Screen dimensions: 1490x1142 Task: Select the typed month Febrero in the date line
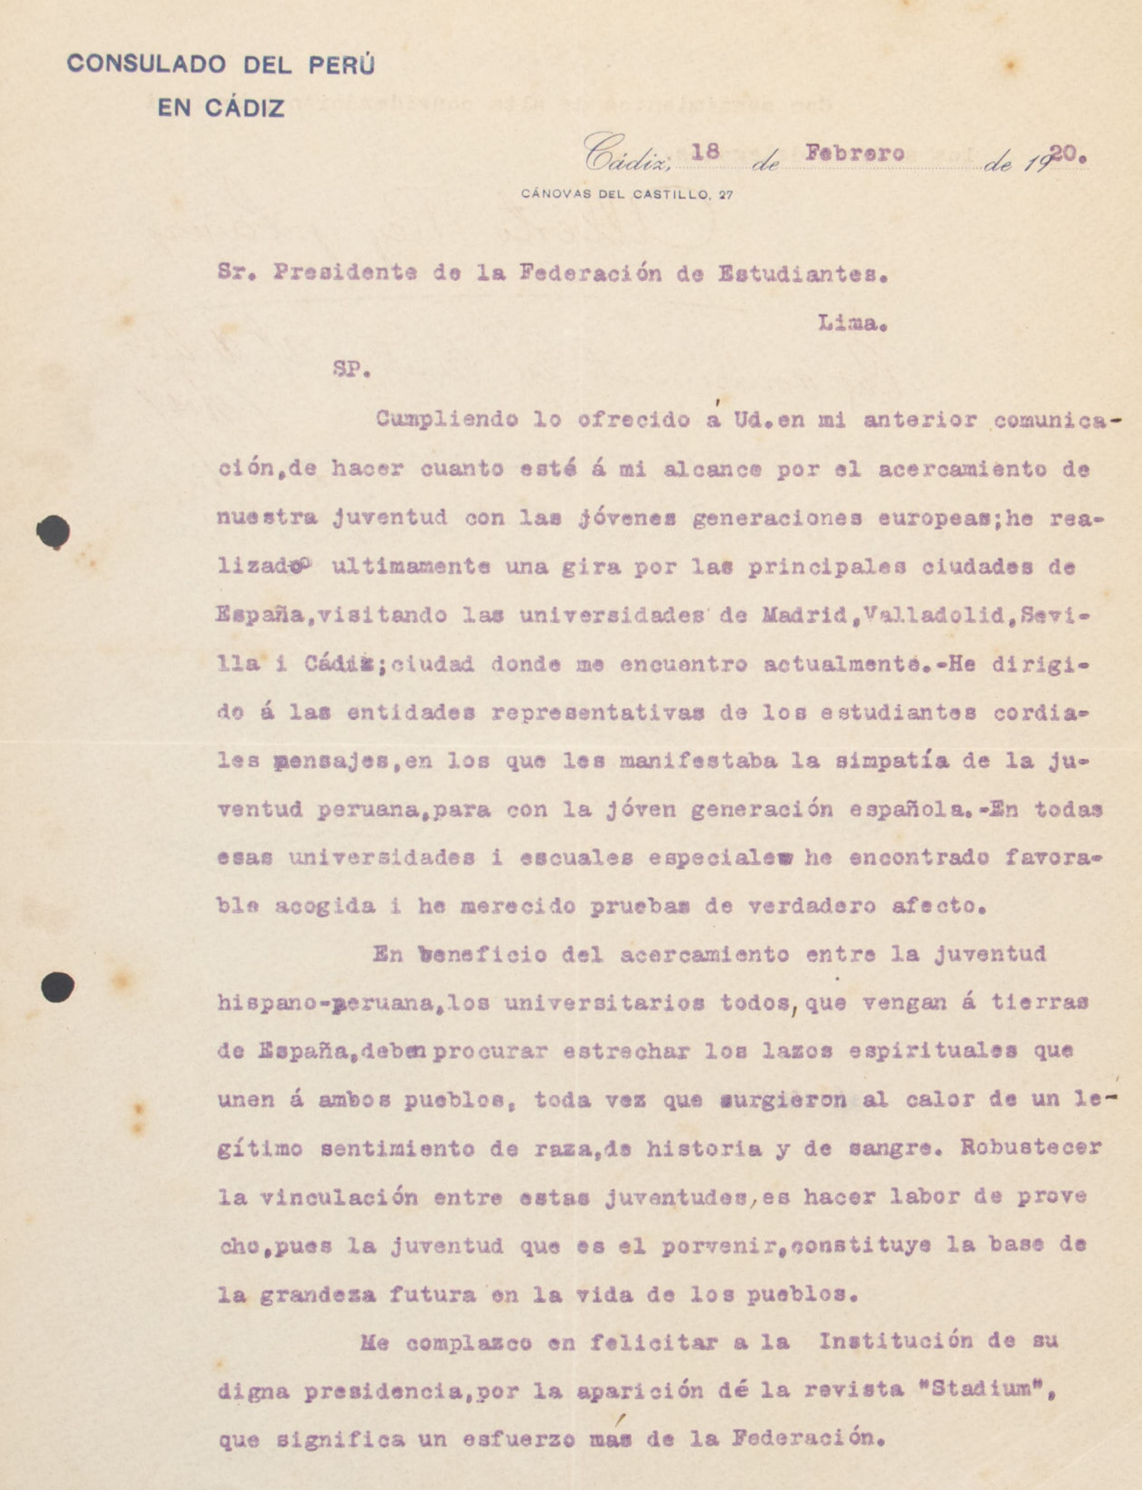coord(854,153)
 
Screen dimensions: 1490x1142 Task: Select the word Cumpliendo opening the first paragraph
coord(446,419)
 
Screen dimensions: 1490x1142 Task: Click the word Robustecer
coord(1031,1148)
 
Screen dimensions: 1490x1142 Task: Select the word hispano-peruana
coord(326,1003)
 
